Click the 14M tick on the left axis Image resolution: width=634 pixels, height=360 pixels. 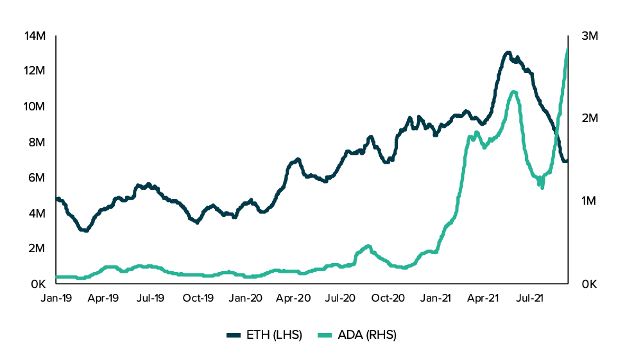35,36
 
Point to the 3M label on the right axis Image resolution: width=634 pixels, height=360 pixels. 589,36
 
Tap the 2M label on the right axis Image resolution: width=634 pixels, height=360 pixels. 589,119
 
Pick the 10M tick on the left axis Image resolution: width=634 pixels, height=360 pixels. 35,107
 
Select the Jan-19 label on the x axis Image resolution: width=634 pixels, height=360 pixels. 56,298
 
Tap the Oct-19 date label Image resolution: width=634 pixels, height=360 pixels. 198,298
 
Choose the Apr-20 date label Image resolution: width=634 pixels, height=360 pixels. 293,298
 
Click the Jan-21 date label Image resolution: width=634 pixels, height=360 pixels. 436,298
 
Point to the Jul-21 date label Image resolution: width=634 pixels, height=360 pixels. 531,298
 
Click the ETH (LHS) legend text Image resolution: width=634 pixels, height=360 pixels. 274,335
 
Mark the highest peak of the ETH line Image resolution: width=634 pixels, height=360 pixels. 508,53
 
